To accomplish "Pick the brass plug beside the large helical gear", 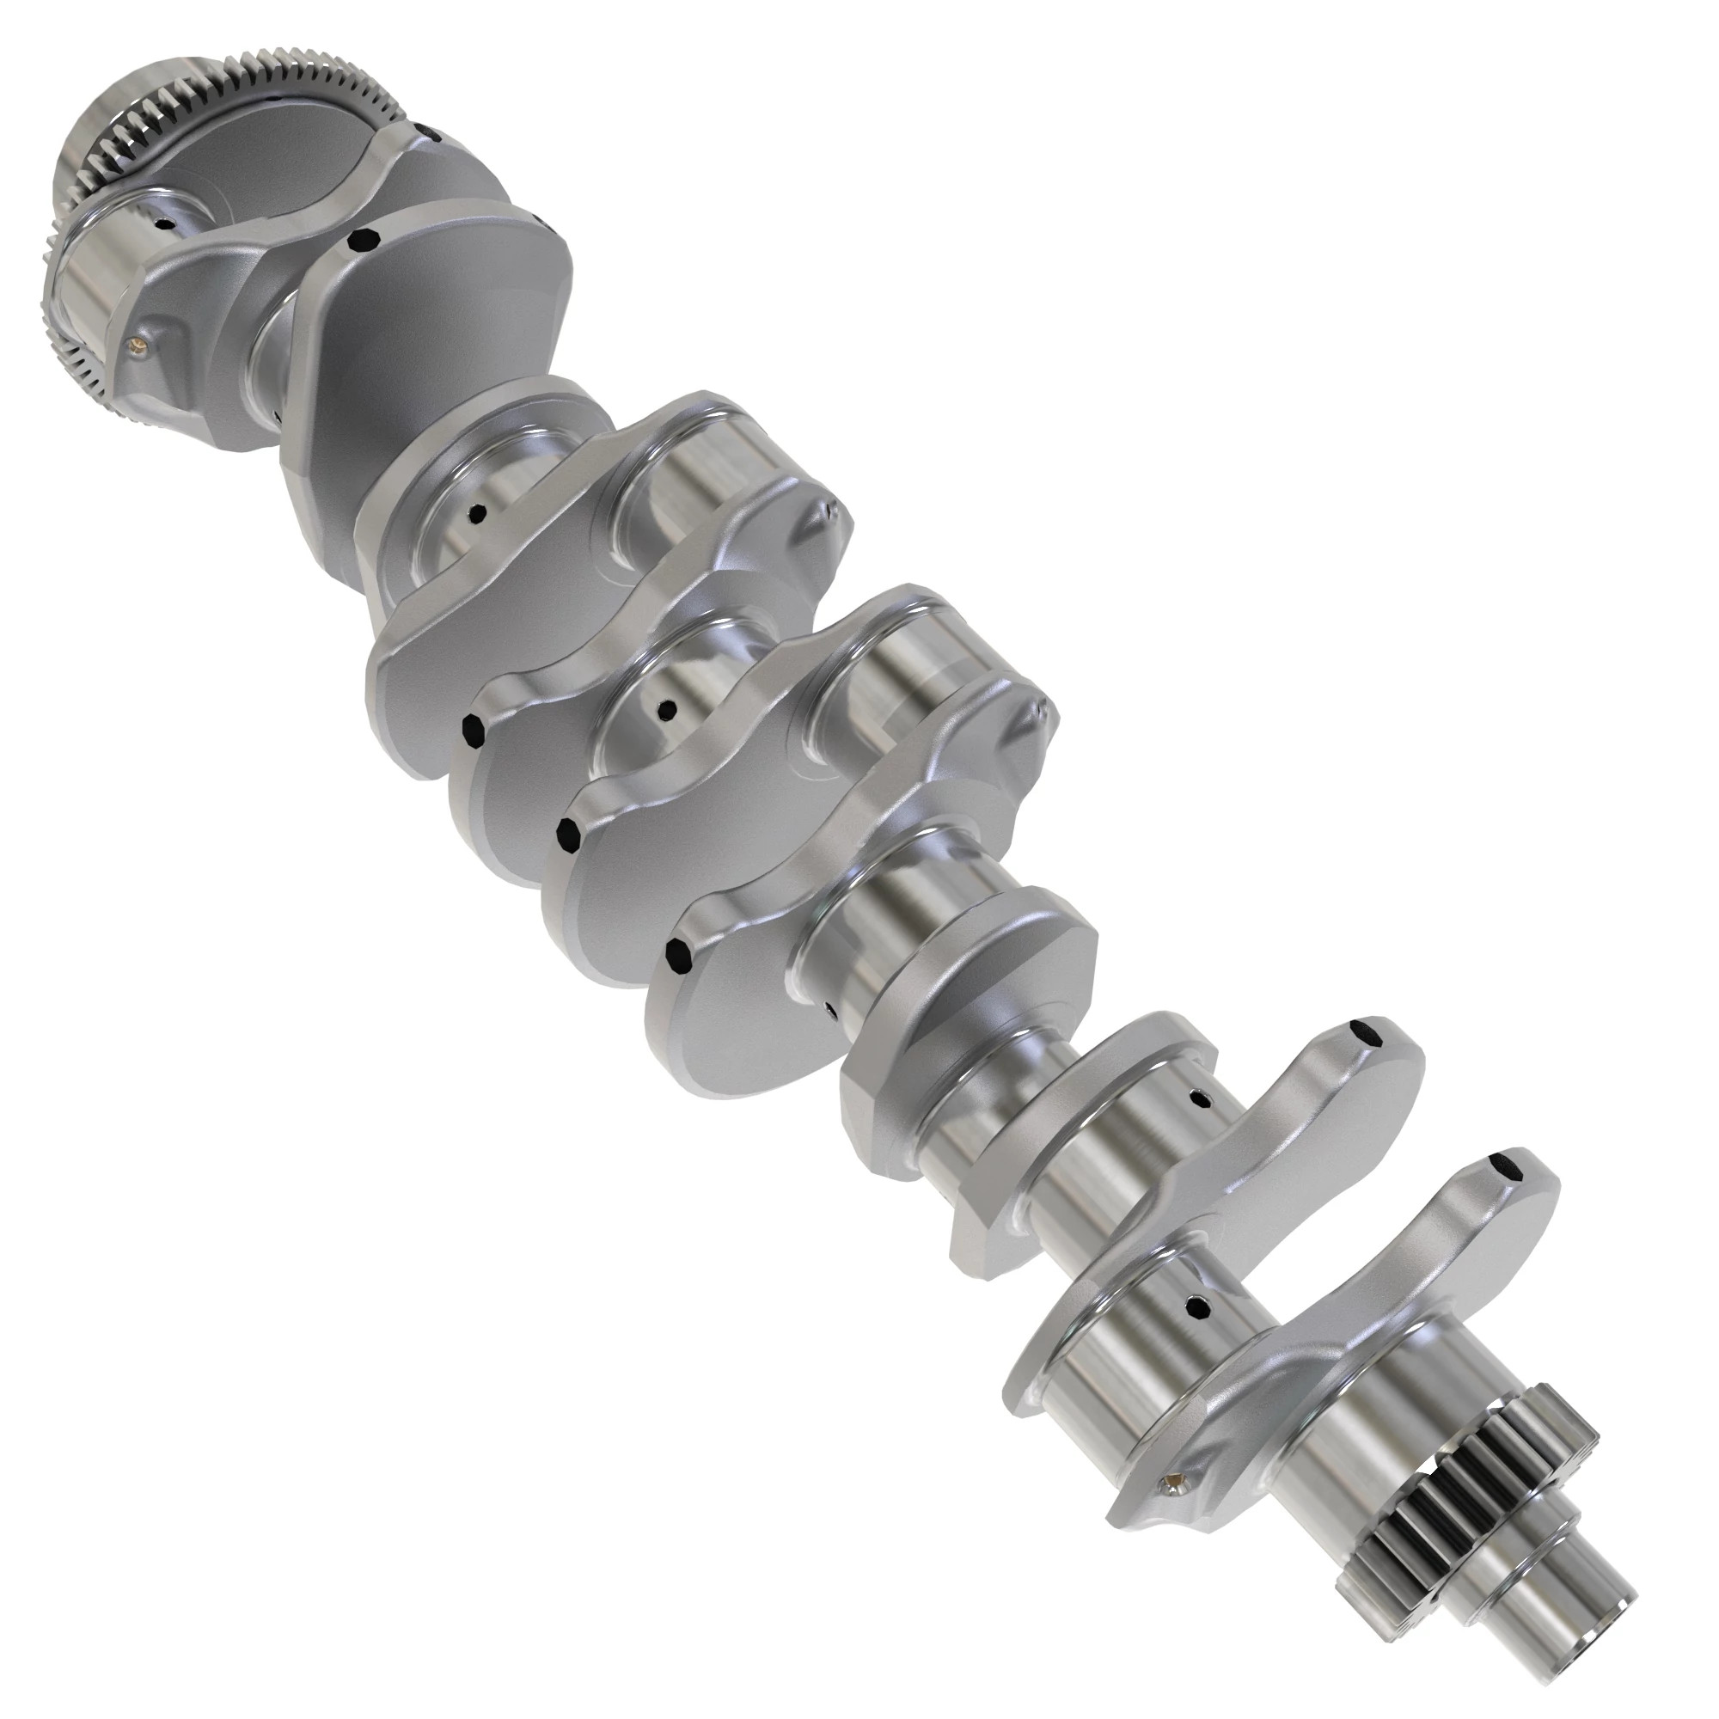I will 135,338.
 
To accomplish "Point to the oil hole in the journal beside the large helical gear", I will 162,224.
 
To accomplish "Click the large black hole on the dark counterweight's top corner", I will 362,238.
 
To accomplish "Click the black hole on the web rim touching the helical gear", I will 433,135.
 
